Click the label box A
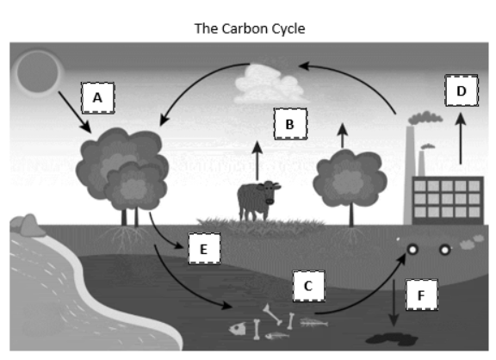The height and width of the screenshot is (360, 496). pos(98,97)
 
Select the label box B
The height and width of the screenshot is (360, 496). pos(290,124)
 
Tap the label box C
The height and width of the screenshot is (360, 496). pos(309,286)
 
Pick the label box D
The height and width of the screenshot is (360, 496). pos(462,90)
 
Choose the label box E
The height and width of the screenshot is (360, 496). pos(204,249)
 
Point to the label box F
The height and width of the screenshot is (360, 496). pos(422,295)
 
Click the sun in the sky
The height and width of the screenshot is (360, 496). pos(38,72)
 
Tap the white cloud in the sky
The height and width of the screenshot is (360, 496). pos(270,84)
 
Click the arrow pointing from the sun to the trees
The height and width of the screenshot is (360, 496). pos(75,112)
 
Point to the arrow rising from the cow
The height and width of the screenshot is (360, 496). pos(257,161)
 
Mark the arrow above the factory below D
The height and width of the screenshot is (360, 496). pos(461,139)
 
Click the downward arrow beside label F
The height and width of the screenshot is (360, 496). pos(394,303)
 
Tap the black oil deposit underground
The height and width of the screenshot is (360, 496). pos(392,339)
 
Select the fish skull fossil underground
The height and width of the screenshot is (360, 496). pos(238,329)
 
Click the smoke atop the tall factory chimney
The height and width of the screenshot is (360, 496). pos(425,118)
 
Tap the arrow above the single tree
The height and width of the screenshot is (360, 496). pos(343,136)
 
